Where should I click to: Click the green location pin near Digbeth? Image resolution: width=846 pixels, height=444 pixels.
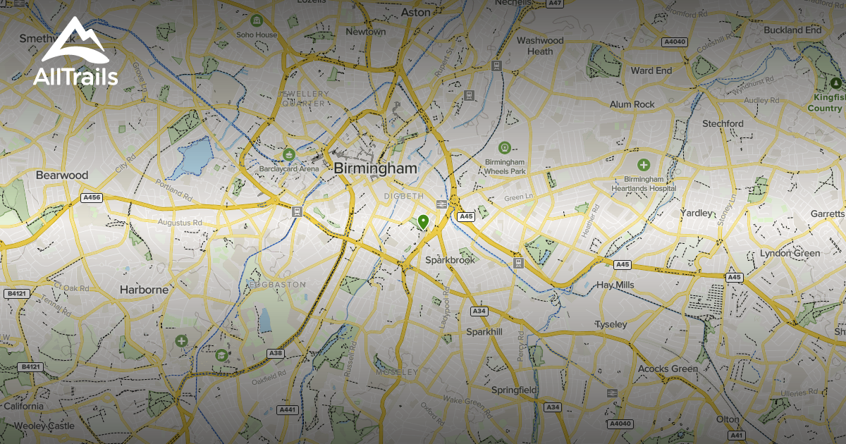point(423,222)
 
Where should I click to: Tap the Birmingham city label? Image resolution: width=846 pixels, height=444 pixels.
point(375,169)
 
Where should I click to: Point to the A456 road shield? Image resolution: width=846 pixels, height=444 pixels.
point(92,198)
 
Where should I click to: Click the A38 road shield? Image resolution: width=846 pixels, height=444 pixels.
point(275,353)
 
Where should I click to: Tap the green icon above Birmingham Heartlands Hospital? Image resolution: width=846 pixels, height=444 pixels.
point(643,165)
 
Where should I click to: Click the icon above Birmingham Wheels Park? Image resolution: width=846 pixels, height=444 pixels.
point(504,147)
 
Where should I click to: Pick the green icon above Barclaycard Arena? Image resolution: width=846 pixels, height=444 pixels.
point(288,154)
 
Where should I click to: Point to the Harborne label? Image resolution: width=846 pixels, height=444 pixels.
point(144,290)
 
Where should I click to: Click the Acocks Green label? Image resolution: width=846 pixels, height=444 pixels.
point(667,369)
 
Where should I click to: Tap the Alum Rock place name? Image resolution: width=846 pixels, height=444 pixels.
point(632,104)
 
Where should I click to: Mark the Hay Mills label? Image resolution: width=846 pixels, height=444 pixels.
point(615,285)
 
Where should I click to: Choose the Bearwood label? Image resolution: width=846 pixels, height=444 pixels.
point(62,175)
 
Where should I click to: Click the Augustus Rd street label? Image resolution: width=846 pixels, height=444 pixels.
point(179,223)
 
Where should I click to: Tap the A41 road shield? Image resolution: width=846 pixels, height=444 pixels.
point(737,436)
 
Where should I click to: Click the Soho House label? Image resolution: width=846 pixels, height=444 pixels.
point(257,35)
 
